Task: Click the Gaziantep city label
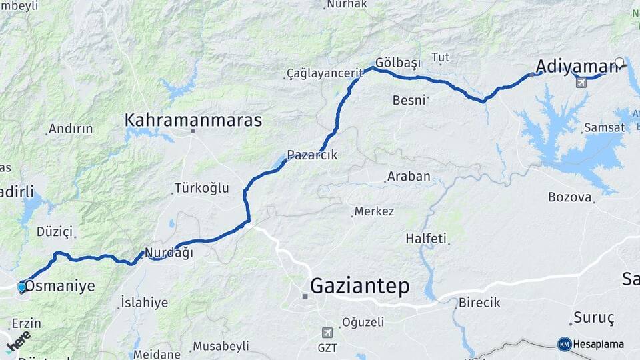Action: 359,287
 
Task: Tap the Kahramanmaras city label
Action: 193,120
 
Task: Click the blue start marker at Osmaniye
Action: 21,287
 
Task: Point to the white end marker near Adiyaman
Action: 619,63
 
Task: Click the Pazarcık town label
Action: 312,155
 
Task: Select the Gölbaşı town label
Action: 398,62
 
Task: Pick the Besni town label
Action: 409,100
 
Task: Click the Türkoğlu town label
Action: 201,188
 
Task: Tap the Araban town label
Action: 407,177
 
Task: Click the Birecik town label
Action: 479,303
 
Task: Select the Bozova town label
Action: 570,197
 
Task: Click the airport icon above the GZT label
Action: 327,332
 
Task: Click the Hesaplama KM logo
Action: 591,344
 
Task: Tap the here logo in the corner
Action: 18,341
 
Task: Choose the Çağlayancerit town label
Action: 323,72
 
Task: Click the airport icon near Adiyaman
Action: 581,82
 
